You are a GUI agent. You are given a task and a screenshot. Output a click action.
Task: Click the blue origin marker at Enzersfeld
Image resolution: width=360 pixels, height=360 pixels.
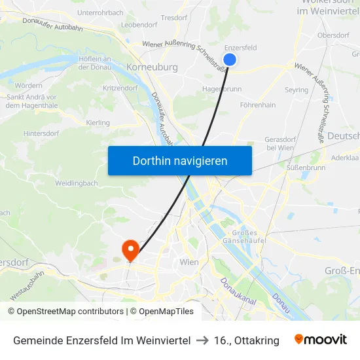click(x=229, y=60)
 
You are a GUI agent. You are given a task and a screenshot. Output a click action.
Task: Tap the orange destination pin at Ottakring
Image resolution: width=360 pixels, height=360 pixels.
click(x=130, y=249)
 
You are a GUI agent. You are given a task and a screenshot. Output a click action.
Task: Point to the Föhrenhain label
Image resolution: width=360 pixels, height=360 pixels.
click(x=258, y=105)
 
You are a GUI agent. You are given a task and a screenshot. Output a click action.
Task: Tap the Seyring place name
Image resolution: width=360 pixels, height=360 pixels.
click(x=297, y=90)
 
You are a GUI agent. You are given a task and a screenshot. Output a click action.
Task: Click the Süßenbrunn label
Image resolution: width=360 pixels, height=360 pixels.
click(x=306, y=168)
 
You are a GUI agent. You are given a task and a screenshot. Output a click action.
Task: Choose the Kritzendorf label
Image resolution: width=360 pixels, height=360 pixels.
click(x=120, y=87)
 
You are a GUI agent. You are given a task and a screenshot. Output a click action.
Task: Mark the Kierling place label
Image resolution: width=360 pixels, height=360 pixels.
click(x=98, y=122)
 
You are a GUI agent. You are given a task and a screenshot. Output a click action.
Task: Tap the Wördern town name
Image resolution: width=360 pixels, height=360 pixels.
click(x=28, y=86)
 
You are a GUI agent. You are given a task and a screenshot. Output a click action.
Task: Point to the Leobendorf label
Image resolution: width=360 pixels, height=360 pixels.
click(x=139, y=25)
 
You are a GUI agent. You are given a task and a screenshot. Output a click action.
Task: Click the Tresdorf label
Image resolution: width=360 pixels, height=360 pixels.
click(x=174, y=18)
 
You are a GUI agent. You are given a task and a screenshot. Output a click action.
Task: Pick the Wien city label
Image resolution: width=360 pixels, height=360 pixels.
click(x=189, y=262)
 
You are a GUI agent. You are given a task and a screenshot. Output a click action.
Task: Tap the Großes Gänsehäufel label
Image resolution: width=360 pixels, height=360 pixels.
click(x=247, y=238)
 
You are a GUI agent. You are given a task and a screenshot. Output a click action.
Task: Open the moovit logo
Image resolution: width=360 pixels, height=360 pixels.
click(x=320, y=340)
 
